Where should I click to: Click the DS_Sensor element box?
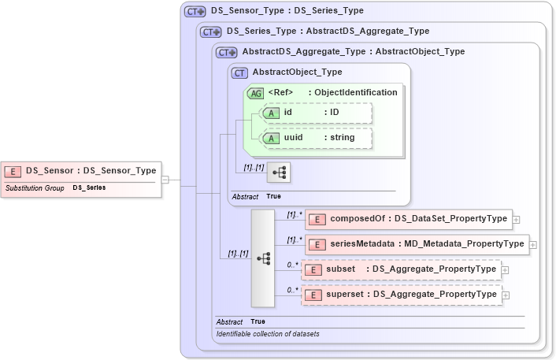click(x=80, y=170)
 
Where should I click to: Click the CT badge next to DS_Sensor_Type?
click(x=195, y=12)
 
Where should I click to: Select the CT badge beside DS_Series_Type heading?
click(x=210, y=32)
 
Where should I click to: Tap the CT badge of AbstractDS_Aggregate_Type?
click(x=226, y=52)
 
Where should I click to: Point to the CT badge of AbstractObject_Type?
click(x=240, y=72)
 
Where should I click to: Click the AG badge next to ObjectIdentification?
click(x=256, y=93)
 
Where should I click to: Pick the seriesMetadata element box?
click(x=416, y=244)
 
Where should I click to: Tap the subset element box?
click(x=402, y=269)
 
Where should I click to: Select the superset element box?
click(x=402, y=295)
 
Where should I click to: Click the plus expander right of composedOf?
click(x=517, y=220)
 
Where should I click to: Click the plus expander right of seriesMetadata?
click(x=533, y=245)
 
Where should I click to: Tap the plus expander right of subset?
click(x=506, y=270)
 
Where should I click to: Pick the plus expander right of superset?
click(x=506, y=295)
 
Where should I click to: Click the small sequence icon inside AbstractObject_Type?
click(x=279, y=171)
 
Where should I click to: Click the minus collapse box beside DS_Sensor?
click(x=165, y=180)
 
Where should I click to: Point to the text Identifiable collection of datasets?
click(x=268, y=334)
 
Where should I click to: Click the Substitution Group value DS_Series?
click(x=89, y=188)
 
